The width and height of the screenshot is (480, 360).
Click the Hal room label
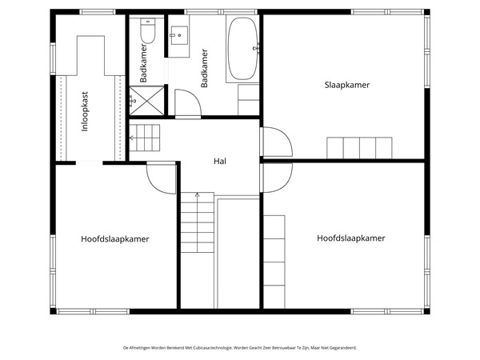(220, 161)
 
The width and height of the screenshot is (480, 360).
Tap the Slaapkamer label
(347, 85)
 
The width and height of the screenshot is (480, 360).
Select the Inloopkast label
(85, 111)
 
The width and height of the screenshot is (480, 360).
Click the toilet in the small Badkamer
(148, 30)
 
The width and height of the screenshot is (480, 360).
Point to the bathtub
(242, 48)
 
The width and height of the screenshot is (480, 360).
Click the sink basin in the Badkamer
(179, 35)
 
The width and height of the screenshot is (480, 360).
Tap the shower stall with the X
(146, 101)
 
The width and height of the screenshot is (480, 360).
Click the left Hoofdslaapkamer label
(114, 239)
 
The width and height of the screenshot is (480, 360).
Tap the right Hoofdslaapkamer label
(351, 238)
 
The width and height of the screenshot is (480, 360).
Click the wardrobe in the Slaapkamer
(359, 148)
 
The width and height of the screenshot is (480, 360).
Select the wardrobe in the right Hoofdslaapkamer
(274, 262)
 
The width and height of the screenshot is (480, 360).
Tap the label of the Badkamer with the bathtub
(204, 68)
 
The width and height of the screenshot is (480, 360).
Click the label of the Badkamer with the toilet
(143, 63)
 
